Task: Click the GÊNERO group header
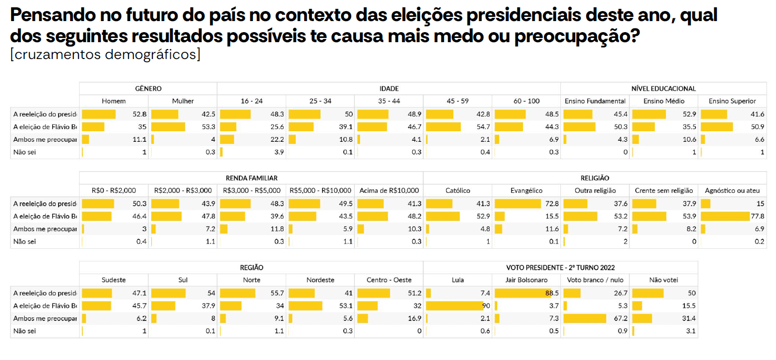148,89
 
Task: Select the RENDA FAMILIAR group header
251,178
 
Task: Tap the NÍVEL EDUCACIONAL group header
663,89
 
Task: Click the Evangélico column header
526,190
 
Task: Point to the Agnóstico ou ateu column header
732,190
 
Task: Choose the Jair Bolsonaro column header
526,280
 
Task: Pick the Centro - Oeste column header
389,280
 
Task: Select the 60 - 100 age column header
526,101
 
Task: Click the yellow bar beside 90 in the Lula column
454,306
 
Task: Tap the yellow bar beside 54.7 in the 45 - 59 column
443,127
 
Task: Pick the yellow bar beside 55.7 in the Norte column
237,293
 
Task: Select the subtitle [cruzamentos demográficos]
105,54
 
